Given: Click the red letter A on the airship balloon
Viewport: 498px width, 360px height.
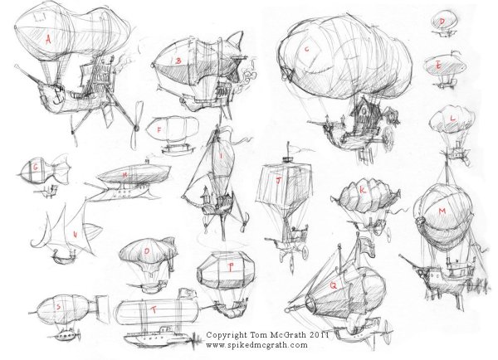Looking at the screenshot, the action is coord(48,41).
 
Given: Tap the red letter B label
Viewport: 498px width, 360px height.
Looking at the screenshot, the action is coord(178,61).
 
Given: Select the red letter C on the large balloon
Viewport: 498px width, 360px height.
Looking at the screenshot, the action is coord(306,49).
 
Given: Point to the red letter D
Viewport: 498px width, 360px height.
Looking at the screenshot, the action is coord(442,22).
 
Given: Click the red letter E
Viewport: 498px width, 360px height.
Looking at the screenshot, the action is coord(438,66).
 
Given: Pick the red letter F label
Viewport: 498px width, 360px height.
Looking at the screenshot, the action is coord(159,130).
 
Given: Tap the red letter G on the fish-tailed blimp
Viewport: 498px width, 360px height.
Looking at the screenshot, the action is coord(36,168).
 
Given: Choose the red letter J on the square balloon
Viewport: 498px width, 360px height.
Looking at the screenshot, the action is coord(279,180).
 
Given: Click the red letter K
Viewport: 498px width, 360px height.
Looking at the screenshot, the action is coord(363,190).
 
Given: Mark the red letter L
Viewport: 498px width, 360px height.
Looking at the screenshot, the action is coord(453,119).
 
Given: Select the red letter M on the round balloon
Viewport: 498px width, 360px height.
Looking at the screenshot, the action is coord(442,212).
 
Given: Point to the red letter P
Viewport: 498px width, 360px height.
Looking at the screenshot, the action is coord(231,268).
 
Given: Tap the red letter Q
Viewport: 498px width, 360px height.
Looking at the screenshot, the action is coord(333,285).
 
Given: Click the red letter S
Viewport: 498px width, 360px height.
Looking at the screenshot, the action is coord(58,307).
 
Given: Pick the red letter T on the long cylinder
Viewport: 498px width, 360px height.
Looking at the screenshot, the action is coord(154,309).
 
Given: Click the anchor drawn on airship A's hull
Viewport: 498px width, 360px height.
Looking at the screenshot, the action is coord(59,95).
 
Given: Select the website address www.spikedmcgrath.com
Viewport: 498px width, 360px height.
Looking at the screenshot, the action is coord(256,345).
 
